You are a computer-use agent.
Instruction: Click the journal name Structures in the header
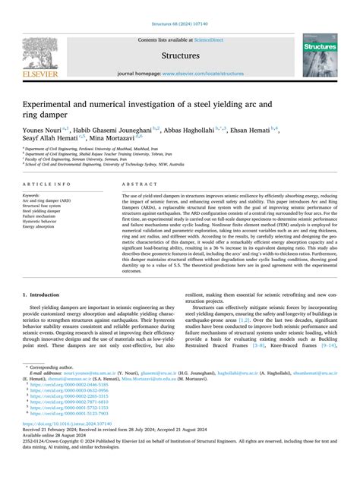pos(179,55)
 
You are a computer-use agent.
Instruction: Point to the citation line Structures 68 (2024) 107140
pos(180,8)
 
